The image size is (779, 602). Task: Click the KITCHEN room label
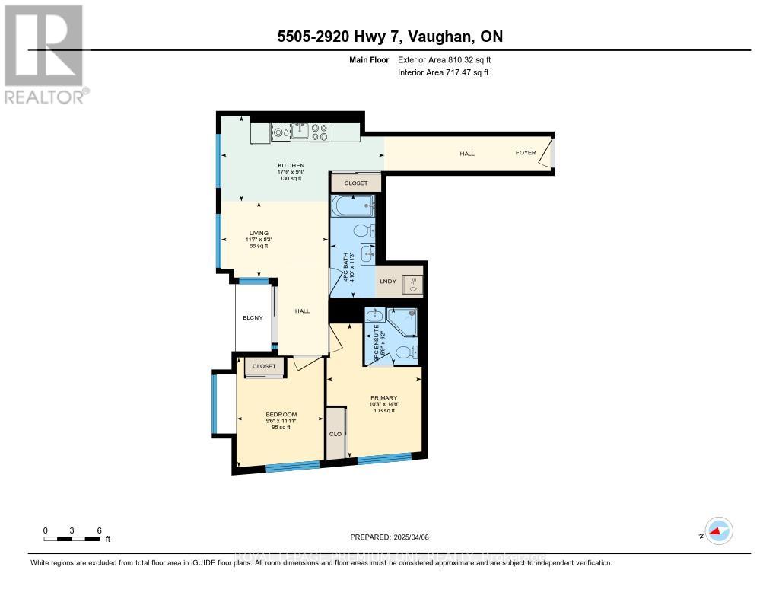291,165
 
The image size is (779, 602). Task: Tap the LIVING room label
259,234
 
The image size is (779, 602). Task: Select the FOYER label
526,153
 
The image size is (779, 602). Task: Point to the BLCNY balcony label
253,317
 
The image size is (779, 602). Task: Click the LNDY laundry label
388,282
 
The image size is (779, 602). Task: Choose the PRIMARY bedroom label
383,397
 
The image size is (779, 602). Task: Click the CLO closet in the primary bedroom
334,434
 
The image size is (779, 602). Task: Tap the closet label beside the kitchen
355,183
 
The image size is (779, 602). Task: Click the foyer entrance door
550,152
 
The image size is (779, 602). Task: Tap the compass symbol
717,530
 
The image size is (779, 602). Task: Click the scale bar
72,539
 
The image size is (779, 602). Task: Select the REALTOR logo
46,53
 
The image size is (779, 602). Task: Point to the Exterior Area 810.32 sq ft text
450,59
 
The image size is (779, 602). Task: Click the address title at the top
389,37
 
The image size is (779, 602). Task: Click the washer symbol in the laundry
412,284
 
